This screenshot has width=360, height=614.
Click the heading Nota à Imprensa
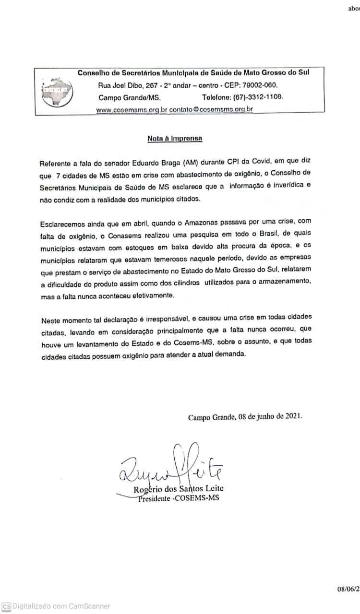[174, 139]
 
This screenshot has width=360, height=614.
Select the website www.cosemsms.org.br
[132, 110]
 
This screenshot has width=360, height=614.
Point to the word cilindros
[181, 284]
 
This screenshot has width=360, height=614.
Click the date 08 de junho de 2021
[270, 416]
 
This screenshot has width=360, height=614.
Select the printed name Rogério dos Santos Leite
[179, 489]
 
